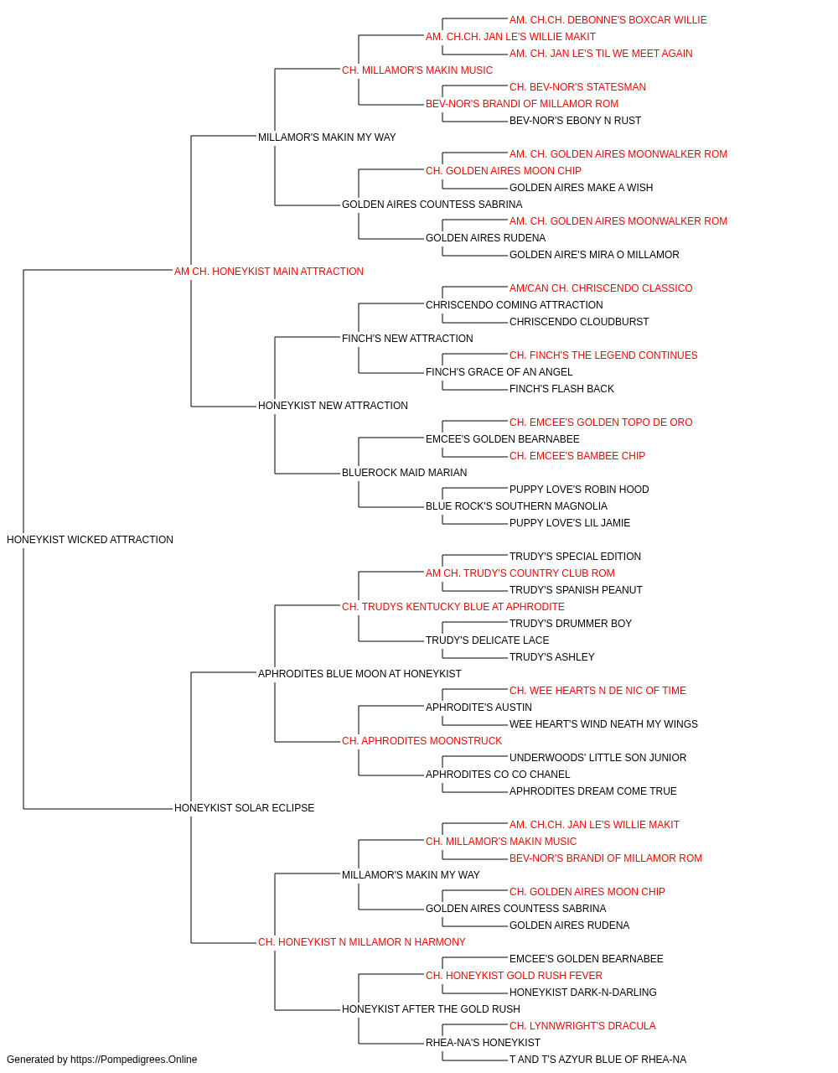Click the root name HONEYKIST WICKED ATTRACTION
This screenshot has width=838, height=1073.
[x=90, y=540]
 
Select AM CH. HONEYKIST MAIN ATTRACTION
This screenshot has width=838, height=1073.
[x=269, y=272]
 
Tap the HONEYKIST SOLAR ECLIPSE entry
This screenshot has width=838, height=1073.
[x=245, y=808]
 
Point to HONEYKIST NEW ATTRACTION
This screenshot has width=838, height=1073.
[x=334, y=406]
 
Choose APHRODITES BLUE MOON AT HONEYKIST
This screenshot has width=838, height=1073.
[x=360, y=674]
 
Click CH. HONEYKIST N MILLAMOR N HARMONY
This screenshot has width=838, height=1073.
[x=362, y=942]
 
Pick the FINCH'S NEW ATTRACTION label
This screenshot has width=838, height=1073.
[x=407, y=339]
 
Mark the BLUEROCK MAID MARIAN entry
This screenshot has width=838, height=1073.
[x=405, y=473]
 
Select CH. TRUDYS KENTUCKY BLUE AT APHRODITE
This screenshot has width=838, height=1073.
[x=453, y=607]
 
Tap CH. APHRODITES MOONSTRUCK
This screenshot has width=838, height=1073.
[x=422, y=741]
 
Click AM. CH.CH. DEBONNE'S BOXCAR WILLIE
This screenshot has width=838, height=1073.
[x=608, y=20]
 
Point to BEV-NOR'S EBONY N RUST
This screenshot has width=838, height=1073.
[x=576, y=121]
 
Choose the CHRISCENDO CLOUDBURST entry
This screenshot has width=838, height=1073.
[x=579, y=322]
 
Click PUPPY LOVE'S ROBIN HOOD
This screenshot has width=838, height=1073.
[x=579, y=490]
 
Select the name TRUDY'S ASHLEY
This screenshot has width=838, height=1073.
[x=552, y=657]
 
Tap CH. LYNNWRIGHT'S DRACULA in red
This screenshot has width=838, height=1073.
[x=583, y=1026]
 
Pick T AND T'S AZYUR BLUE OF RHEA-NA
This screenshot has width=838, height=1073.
[x=598, y=1060]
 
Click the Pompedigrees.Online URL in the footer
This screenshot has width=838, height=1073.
[x=134, y=1060]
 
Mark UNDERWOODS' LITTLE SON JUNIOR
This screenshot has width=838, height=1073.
[x=598, y=758]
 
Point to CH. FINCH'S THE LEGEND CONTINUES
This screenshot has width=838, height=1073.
[x=603, y=355]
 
